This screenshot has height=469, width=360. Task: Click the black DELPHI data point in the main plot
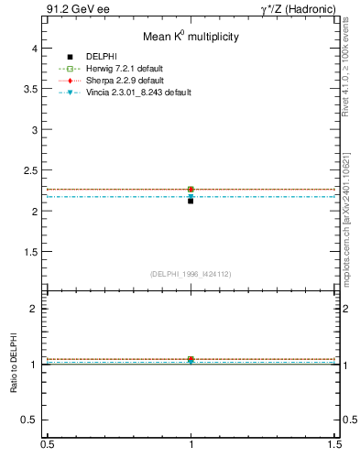coord(191,201)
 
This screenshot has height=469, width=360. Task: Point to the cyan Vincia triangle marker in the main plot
coord(191,196)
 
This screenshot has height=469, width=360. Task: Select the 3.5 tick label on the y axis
coord(30,89)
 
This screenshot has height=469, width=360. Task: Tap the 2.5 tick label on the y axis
coord(30,170)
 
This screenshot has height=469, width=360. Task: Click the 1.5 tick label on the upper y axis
coord(30,252)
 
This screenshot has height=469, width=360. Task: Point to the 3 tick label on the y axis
coord(34,130)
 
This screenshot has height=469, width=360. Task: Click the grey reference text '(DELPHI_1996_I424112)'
coord(191,273)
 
